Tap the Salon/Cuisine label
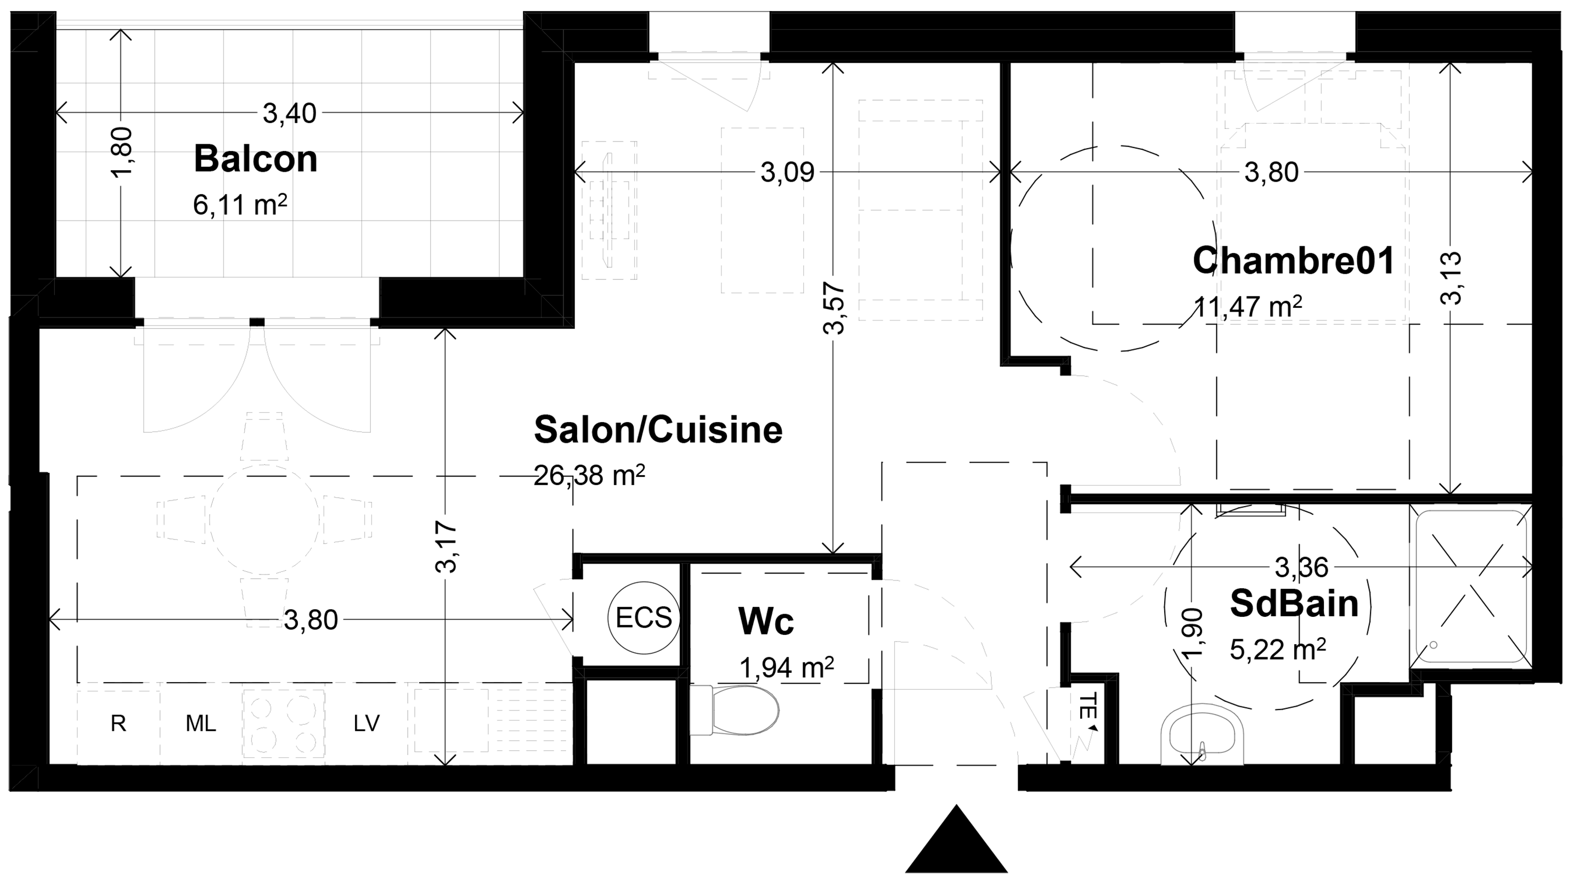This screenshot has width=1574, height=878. [x=658, y=430]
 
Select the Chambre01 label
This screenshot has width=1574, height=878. [x=1294, y=260]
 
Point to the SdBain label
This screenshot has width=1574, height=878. [x=1294, y=603]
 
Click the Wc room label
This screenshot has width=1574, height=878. [x=766, y=621]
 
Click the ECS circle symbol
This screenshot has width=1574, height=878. [x=644, y=618]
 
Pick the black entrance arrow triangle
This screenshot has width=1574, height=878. [x=956, y=840]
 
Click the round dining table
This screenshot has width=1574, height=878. [x=264, y=519]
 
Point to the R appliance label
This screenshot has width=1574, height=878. [x=119, y=723]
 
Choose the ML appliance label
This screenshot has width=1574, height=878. [x=201, y=723]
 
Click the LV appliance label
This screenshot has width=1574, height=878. [x=366, y=723]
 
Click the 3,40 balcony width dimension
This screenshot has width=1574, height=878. [x=290, y=114]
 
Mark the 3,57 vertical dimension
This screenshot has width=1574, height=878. [x=834, y=308]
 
